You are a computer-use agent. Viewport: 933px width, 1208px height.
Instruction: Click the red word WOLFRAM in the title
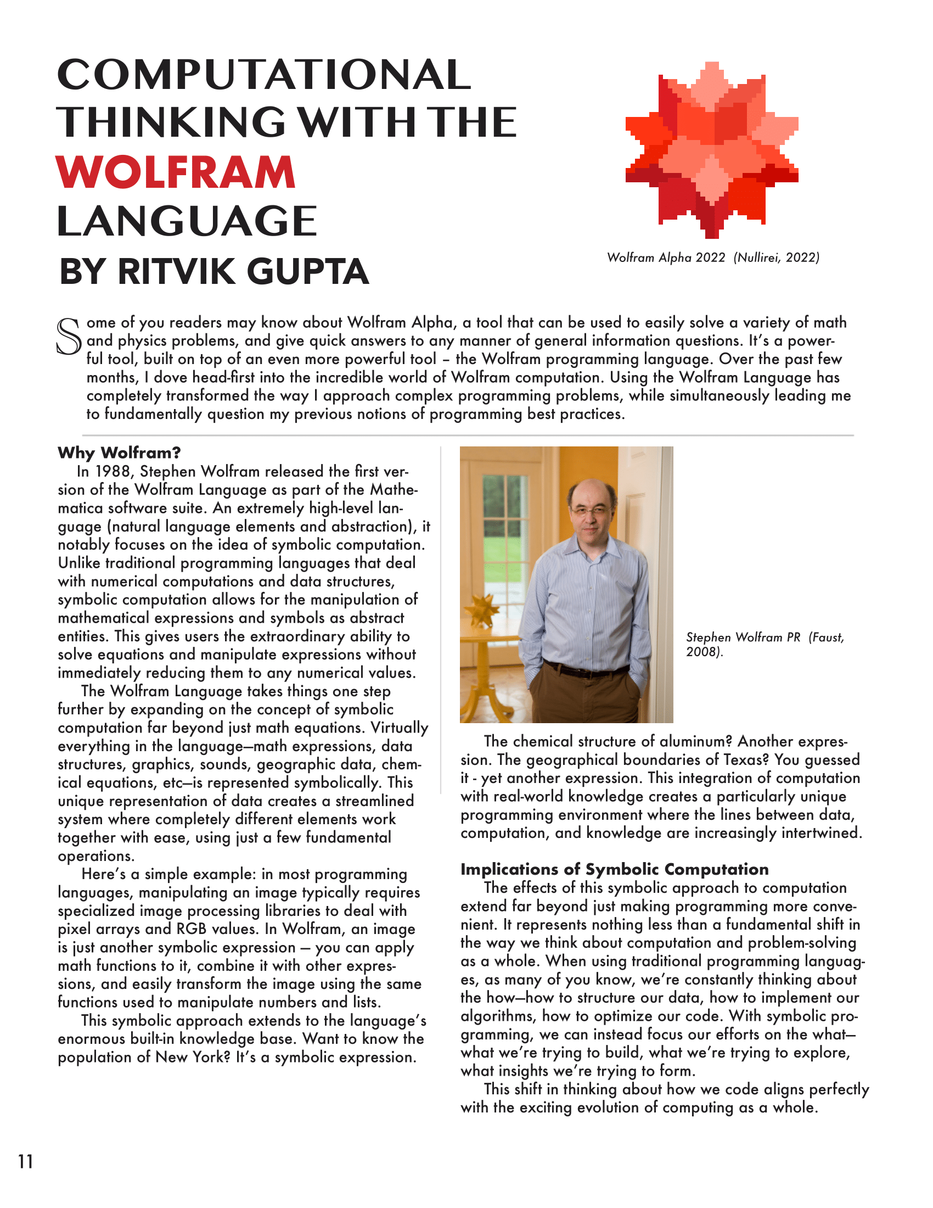tap(176, 172)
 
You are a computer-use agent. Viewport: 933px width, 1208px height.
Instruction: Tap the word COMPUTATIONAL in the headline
tap(263, 75)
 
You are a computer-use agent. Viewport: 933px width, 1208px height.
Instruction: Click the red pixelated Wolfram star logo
tap(711, 151)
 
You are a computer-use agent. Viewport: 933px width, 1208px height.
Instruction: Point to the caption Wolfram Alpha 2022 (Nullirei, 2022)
tap(712, 258)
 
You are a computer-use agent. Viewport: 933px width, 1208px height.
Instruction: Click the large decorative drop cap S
tap(69, 335)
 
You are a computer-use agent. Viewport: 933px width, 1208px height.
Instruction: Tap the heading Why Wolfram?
tap(119, 453)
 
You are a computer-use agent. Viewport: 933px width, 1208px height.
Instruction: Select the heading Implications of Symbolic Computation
tap(614, 869)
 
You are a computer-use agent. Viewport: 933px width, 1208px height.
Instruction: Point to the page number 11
tap(25, 1161)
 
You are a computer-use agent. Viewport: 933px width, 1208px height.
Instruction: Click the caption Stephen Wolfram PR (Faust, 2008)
tap(765, 644)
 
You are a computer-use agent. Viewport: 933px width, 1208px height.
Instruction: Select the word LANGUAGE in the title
tap(187, 221)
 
